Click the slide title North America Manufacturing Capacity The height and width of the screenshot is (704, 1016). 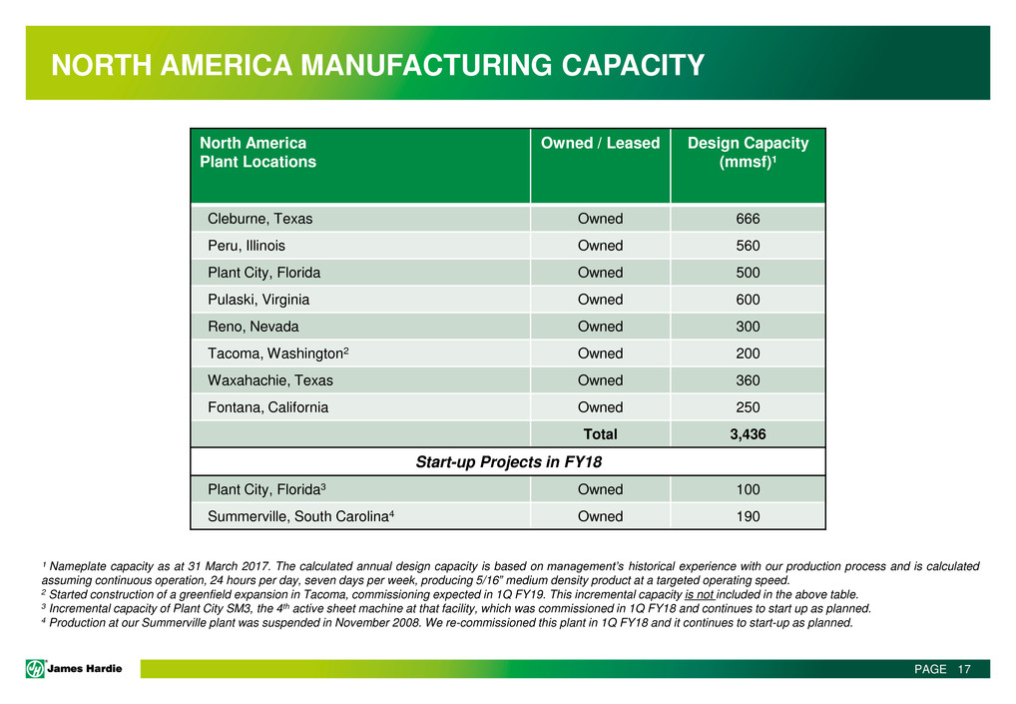(x=378, y=67)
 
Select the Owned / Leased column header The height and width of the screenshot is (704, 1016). (x=600, y=143)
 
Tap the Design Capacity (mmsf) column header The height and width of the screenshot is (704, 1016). (x=748, y=152)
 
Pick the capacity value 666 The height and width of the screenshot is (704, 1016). (x=748, y=219)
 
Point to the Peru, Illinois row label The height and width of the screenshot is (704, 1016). (x=246, y=246)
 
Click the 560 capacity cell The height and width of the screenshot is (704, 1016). (x=748, y=246)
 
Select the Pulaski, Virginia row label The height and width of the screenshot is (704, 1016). (x=257, y=300)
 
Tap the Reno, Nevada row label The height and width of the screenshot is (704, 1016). (x=253, y=327)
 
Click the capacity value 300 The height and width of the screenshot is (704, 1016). (x=748, y=327)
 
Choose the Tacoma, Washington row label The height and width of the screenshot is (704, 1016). (x=276, y=353)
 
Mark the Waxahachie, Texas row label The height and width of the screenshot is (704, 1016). (x=269, y=380)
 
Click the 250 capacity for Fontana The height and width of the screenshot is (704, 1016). (x=748, y=407)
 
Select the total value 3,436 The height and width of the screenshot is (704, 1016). (x=748, y=434)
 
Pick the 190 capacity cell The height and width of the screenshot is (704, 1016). (x=748, y=516)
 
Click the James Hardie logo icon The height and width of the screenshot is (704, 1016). (x=36, y=669)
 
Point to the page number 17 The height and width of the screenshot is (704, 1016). (x=963, y=669)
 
